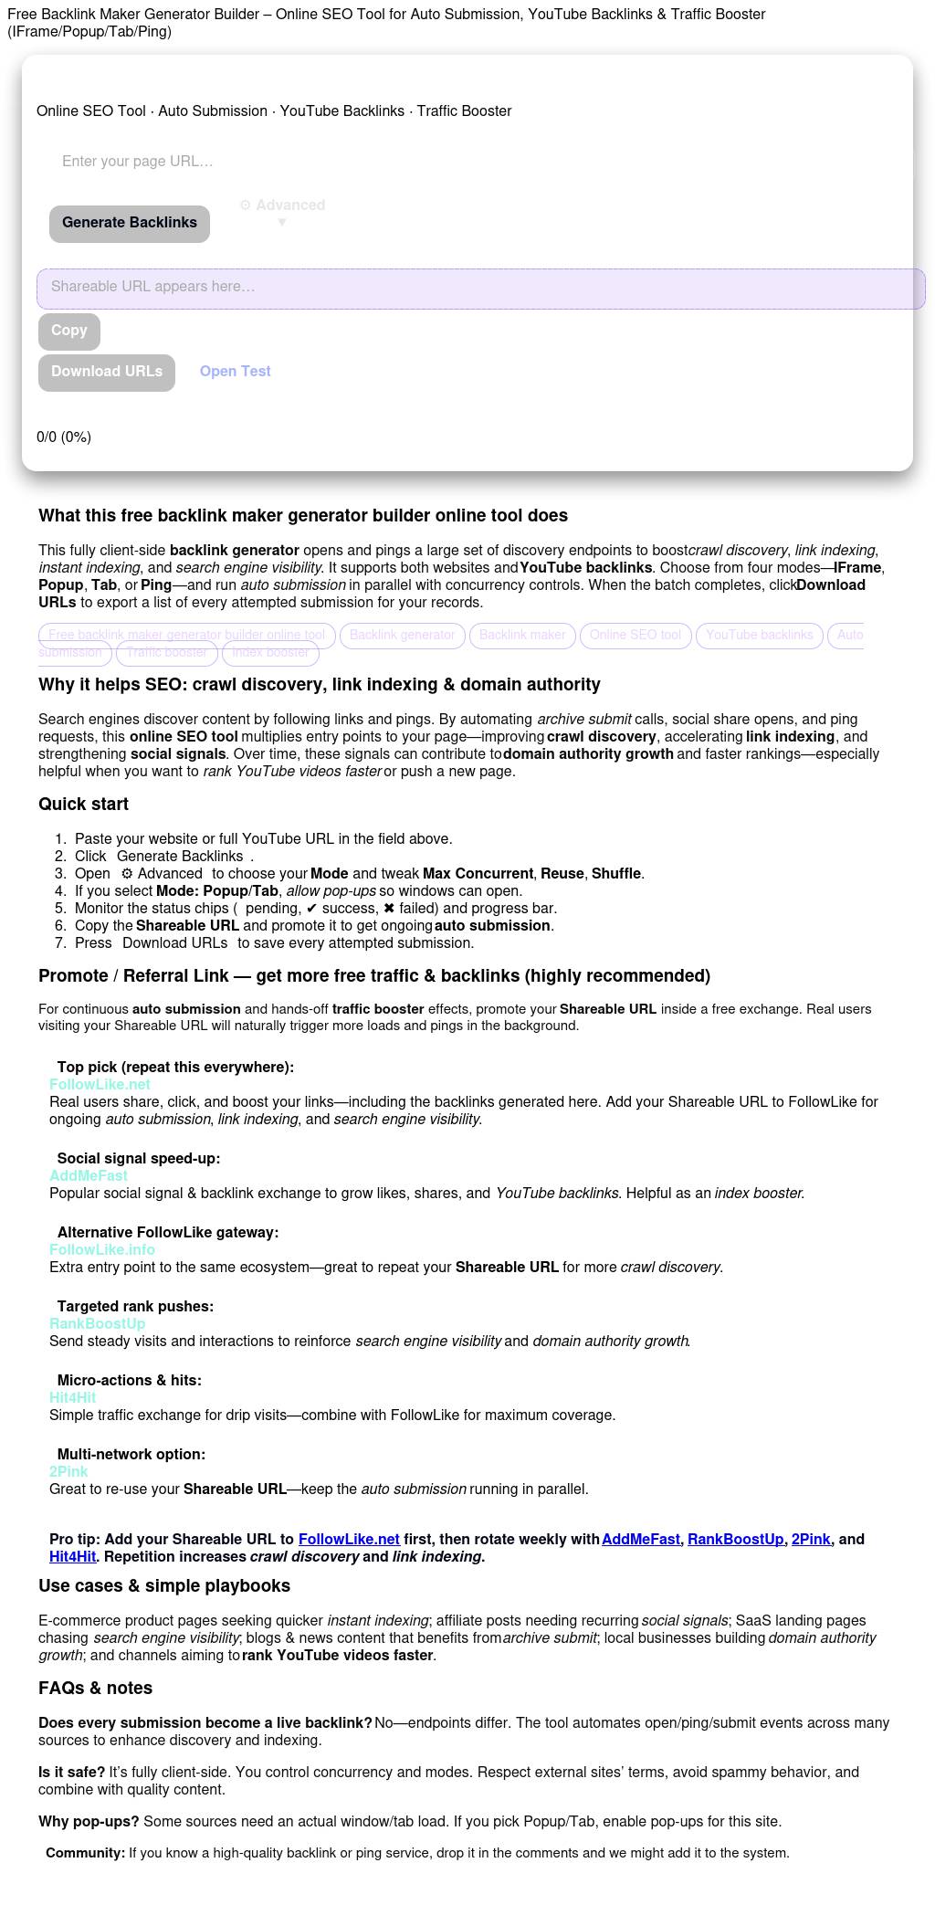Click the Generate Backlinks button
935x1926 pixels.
pyautogui.click(x=130, y=223)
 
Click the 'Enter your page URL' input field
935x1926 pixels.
pyautogui.click(x=274, y=162)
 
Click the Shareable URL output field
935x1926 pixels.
pyautogui.click(x=480, y=288)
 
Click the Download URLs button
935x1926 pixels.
pyautogui.click(x=107, y=372)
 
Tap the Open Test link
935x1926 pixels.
pyautogui.click(x=236, y=372)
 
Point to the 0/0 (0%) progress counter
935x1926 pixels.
pyautogui.click(x=64, y=437)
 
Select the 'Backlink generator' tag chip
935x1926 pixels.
pyautogui.click(x=403, y=636)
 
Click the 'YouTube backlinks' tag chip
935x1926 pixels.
pyautogui.click(x=759, y=636)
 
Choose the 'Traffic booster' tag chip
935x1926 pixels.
pyautogui.click(x=167, y=653)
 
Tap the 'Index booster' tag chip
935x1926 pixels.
pyautogui.click(x=270, y=653)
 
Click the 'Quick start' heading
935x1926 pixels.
pyautogui.click(x=83, y=805)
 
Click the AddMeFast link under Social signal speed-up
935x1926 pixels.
pyautogui.click(x=89, y=1176)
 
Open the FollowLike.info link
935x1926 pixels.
pyautogui.click(x=102, y=1250)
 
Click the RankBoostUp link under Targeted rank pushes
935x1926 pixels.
pyautogui.click(x=98, y=1324)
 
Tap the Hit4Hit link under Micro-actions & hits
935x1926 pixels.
pyautogui.click(x=72, y=1398)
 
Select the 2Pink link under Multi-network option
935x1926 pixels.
pyautogui.click(x=68, y=1472)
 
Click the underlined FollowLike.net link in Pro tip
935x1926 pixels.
pyautogui.click(x=349, y=1540)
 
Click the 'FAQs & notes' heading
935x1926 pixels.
pyautogui.click(x=95, y=1689)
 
